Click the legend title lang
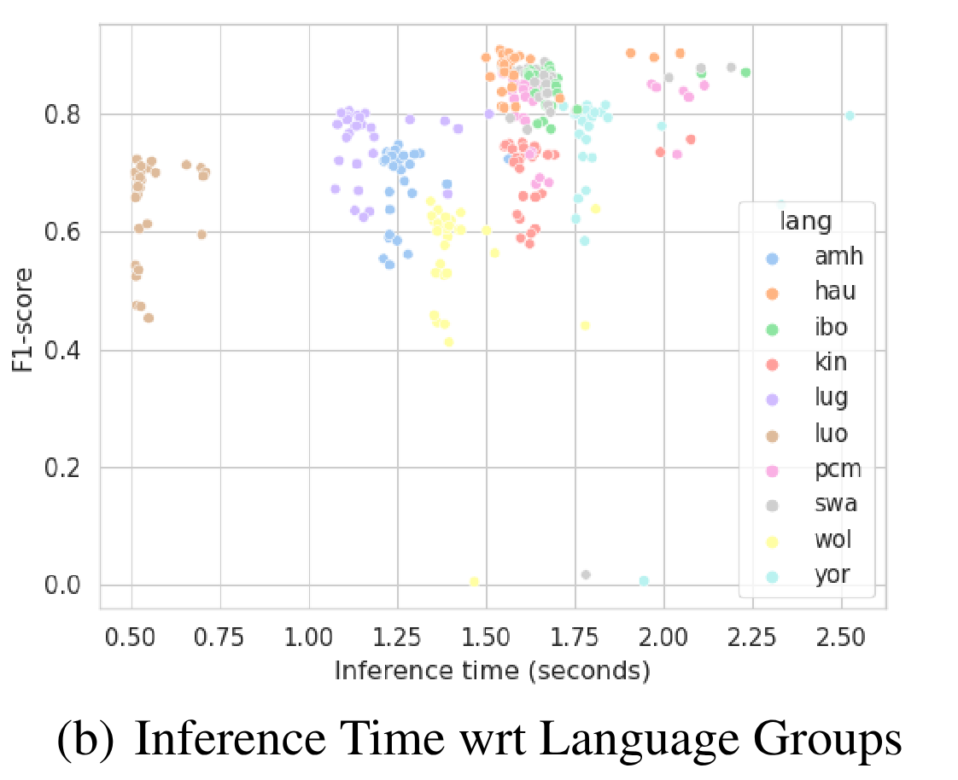(806, 221)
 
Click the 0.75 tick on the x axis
(220, 637)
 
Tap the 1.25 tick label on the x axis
(398, 637)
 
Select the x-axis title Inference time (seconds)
(492, 671)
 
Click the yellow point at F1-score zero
(474, 582)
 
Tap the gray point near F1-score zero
(586, 575)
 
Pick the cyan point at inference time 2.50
(850, 115)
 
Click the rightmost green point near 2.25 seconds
(745, 73)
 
